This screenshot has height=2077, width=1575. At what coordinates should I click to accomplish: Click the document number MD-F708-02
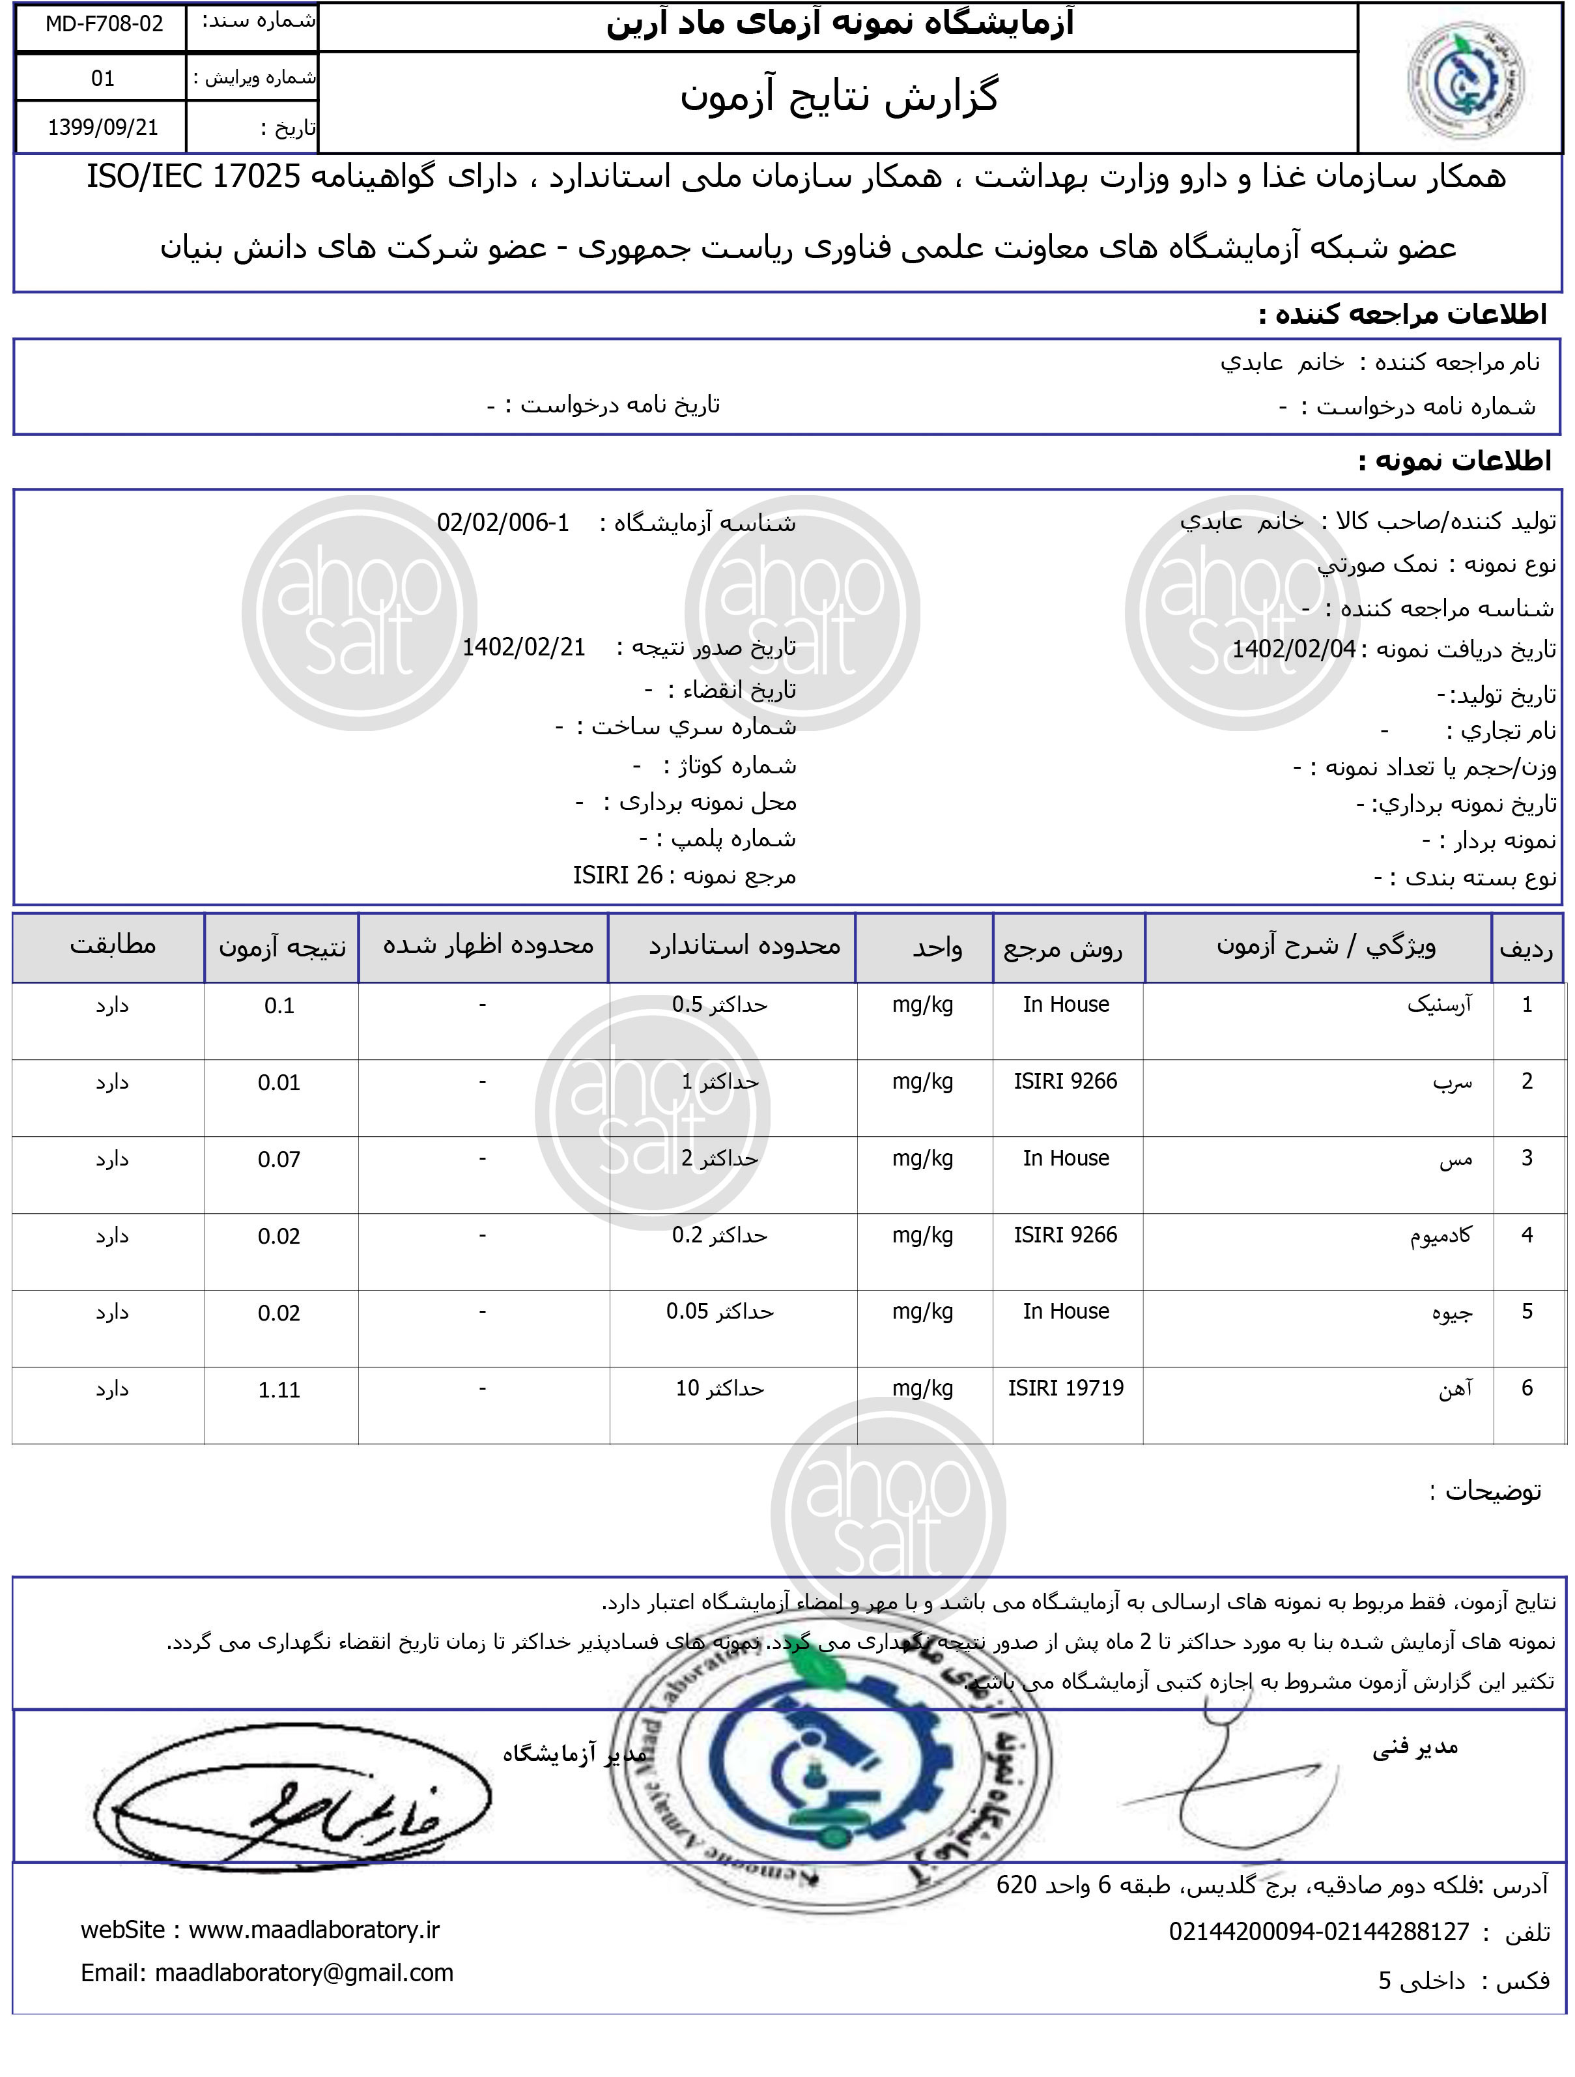point(104,24)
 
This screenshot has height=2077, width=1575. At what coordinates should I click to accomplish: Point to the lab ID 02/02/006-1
point(503,522)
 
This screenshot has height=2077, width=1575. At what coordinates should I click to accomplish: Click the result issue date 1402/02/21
point(524,647)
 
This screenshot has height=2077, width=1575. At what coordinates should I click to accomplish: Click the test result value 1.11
point(279,1390)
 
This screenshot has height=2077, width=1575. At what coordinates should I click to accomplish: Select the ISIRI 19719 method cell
point(1066,1388)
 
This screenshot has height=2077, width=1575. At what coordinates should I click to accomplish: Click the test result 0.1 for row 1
point(279,1006)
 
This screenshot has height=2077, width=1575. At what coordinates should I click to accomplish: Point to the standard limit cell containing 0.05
point(719,1311)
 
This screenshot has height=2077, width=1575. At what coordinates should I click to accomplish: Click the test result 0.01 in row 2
point(279,1083)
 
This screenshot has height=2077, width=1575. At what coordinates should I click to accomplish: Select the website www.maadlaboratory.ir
point(313,1930)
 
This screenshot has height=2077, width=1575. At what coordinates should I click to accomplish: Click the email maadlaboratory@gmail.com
point(303,1973)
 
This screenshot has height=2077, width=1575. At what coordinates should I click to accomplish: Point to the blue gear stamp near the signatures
point(826,1766)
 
